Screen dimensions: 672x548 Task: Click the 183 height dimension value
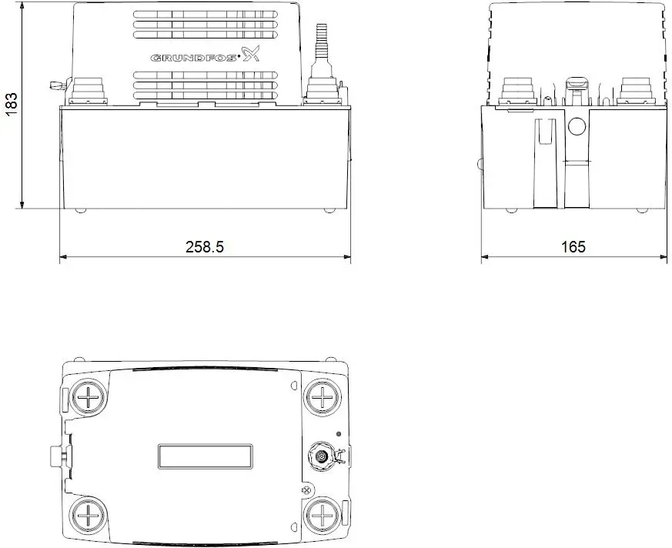click(x=12, y=104)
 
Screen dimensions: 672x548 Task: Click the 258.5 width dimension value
click(x=205, y=247)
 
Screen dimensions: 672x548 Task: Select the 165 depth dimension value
click(x=573, y=247)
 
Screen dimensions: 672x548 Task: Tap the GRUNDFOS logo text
click(x=193, y=58)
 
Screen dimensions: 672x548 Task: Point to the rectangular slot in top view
click(x=205, y=456)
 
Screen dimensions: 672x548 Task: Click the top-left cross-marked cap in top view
click(x=89, y=398)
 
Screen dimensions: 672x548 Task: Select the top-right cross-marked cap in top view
click(x=323, y=397)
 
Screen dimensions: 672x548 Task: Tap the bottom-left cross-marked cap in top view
click(x=89, y=515)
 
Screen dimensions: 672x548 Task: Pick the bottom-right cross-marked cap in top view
click(x=322, y=515)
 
